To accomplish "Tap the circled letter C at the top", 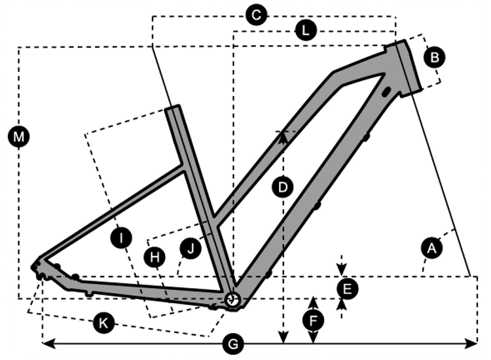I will pyautogui.click(x=256, y=15).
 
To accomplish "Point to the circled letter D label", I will pyautogui.click(x=283, y=188).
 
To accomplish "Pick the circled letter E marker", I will pyautogui.click(x=347, y=287).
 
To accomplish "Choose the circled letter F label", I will pyautogui.click(x=314, y=320).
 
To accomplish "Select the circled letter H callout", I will pyautogui.click(x=155, y=258).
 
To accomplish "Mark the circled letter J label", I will pyautogui.click(x=191, y=248).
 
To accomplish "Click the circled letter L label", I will pyautogui.click(x=305, y=30).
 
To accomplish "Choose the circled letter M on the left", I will pyautogui.click(x=19, y=137).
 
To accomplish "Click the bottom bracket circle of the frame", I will pyautogui.click(x=231, y=299).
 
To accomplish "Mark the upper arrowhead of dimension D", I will pyautogui.click(x=283, y=135).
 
